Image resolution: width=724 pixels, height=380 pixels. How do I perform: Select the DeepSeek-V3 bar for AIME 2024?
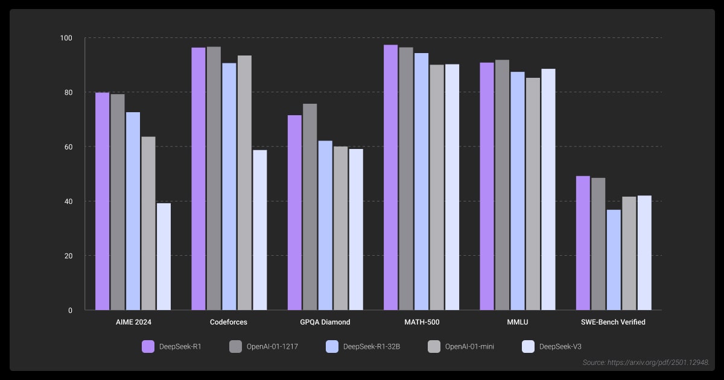click(164, 256)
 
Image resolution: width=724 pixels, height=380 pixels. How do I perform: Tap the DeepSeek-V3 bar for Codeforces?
click(259, 230)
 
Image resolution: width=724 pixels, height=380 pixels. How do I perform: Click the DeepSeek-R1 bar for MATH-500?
click(390, 177)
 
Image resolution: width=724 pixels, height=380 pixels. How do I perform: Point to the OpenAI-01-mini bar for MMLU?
click(533, 194)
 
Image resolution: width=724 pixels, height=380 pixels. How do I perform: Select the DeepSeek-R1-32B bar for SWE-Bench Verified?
click(614, 259)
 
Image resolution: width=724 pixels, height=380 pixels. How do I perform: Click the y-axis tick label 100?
click(66, 39)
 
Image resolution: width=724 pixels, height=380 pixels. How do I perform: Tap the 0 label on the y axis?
click(70, 311)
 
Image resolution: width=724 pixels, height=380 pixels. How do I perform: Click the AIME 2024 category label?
click(133, 322)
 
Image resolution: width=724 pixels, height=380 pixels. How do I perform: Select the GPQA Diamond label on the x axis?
click(325, 322)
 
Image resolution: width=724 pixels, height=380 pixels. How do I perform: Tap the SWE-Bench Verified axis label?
click(613, 322)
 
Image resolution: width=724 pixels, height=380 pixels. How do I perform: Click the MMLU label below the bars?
click(517, 322)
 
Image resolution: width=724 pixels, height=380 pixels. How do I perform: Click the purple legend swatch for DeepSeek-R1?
click(148, 346)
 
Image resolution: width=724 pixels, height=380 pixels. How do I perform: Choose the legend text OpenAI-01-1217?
click(272, 346)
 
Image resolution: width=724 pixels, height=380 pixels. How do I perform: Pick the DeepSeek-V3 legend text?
click(560, 346)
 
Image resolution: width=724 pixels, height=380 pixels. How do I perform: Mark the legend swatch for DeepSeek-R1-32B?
click(332, 346)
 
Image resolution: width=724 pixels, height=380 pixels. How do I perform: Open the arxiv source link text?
click(646, 363)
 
